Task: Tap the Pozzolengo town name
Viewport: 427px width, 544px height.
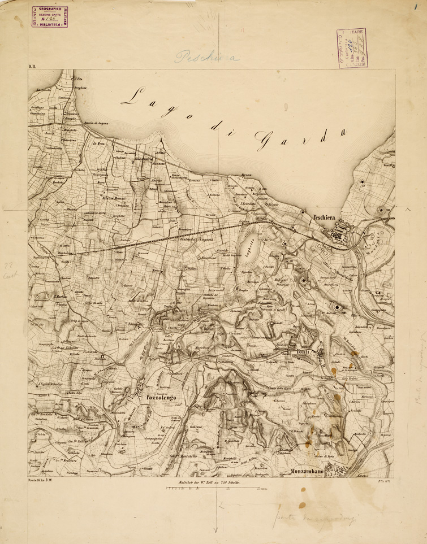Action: (162, 398)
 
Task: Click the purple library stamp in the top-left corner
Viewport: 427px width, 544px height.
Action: (49, 17)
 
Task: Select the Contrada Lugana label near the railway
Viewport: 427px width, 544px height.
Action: (196, 240)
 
